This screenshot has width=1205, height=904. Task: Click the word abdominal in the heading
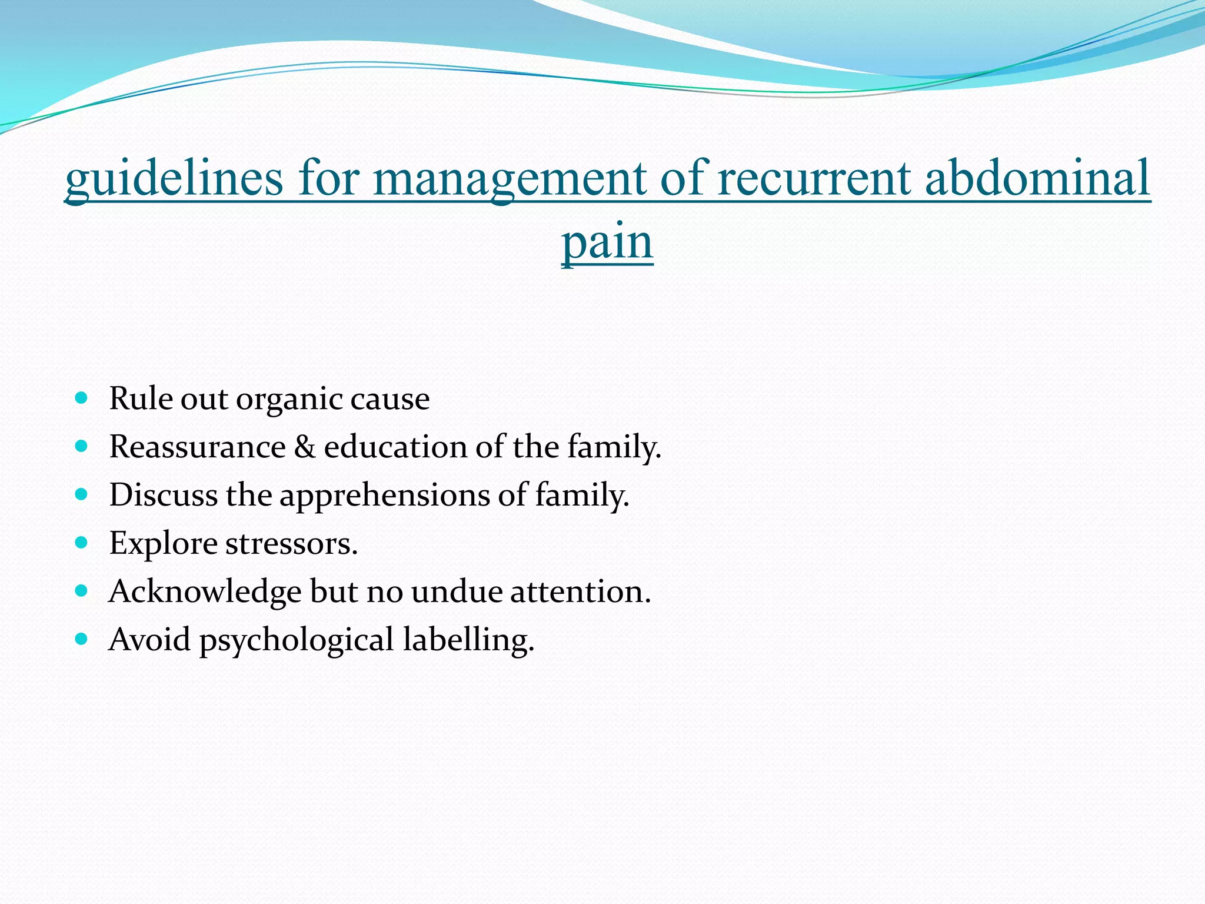(x=1037, y=179)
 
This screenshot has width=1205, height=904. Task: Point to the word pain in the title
(x=607, y=242)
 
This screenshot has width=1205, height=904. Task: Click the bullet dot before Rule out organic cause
(x=82, y=398)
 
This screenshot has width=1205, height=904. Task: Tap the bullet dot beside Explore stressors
(x=82, y=542)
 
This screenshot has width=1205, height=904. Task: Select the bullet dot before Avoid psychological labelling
(x=82, y=639)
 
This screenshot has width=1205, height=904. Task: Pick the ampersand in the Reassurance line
(x=304, y=447)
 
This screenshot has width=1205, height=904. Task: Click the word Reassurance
(x=197, y=447)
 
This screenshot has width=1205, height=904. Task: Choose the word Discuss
(x=163, y=495)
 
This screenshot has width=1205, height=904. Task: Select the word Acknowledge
(x=205, y=591)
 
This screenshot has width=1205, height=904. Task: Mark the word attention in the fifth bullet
(x=580, y=591)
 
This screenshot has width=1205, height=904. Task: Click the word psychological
(x=297, y=640)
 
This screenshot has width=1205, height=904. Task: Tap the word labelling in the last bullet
(x=468, y=640)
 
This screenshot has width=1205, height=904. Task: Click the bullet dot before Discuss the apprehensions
(x=82, y=494)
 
